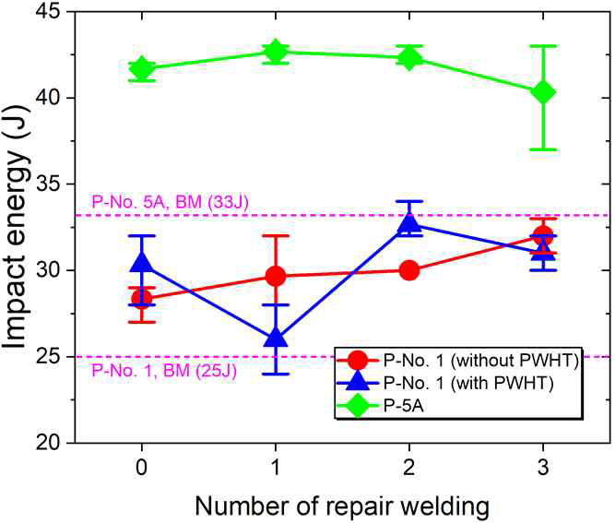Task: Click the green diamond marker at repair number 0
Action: tap(141, 68)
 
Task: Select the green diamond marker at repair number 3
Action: tap(544, 91)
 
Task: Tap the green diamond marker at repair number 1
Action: tap(275, 51)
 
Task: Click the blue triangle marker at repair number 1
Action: tap(275, 338)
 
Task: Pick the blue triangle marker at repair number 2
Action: tap(409, 222)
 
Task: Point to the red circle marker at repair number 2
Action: tap(409, 270)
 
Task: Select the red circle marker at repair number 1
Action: tap(275, 276)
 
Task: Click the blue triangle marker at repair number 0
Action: tap(141, 264)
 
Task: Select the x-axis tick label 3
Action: tap(544, 465)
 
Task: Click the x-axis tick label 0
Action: tap(141, 465)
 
